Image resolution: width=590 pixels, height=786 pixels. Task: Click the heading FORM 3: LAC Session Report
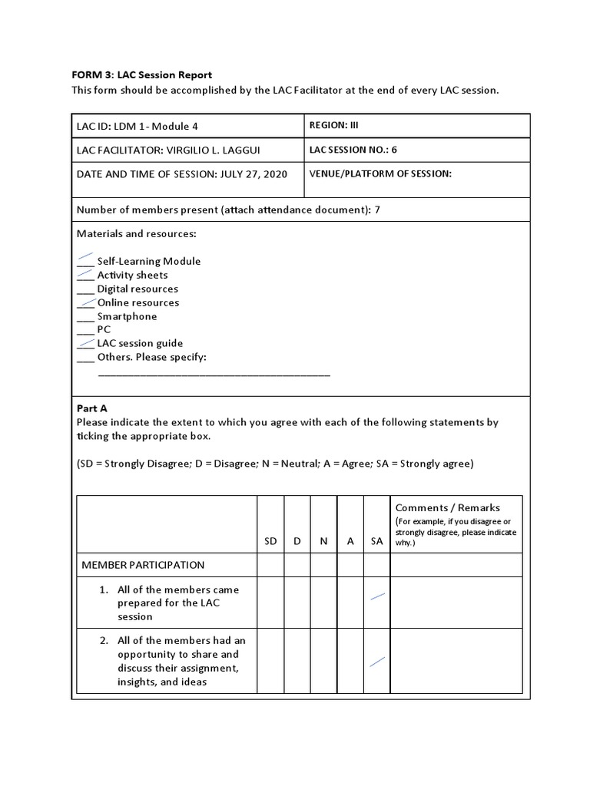click(141, 74)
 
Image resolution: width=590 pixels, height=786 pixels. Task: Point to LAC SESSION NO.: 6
click(353, 150)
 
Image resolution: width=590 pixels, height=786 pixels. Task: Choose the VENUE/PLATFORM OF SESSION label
click(380, 174)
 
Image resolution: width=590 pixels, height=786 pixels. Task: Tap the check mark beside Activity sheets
click(85, 272)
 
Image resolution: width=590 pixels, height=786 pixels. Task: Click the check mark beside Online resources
click(87, 302)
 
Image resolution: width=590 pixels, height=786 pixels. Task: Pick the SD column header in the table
click(270, 541)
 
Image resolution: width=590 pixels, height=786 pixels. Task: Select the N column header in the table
click(323, 541)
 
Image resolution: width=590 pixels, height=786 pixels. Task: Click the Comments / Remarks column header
click(447, 507)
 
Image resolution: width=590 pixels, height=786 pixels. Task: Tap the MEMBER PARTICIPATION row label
click(144, 565)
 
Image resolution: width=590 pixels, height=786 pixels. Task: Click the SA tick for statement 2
click(377, 661)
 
